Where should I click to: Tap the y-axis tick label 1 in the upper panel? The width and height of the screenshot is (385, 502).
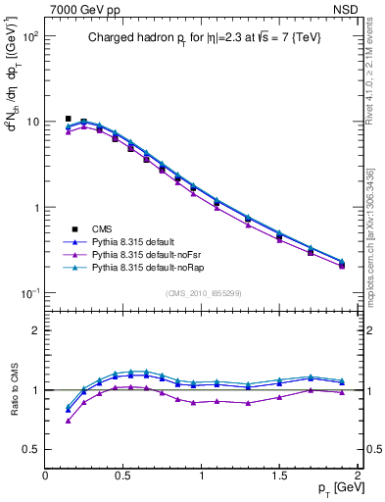point(34,208)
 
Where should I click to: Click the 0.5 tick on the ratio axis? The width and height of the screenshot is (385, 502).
point(30,449)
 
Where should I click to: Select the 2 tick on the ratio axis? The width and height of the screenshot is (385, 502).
point(35,330)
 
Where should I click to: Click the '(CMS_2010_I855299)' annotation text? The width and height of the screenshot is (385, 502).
point(203,292)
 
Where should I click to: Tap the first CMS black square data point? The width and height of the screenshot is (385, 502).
point(68,119)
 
